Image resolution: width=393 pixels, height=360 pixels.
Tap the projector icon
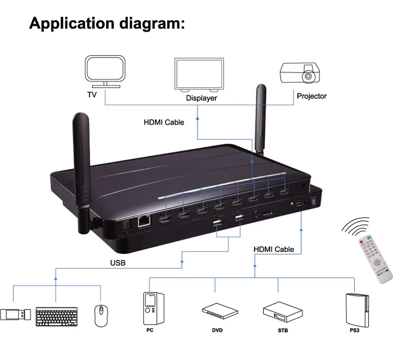[x=299, y=74]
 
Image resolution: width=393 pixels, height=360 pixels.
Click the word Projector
[x=311, y=96]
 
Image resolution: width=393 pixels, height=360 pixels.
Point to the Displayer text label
[x=201, y=98]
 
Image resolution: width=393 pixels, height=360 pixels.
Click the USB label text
[x=117, y=263]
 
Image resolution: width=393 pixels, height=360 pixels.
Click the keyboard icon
[x=56, y=316]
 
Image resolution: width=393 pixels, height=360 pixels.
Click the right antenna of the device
[x=260, y=118]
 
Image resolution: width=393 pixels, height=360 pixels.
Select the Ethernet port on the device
[x=144, y=222]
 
